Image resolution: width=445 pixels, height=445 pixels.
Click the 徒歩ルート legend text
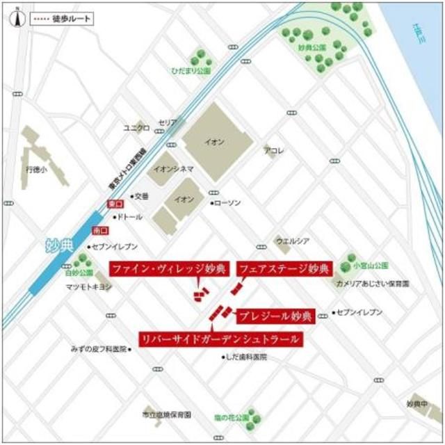point(70,19)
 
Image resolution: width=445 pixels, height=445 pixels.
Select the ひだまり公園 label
point(193,70)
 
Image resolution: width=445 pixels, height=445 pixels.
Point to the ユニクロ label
point(136,128)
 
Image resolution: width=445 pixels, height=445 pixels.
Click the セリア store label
point(168,122)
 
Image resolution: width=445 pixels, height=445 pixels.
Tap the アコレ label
point(274,150)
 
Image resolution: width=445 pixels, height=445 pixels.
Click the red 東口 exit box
point(113,204)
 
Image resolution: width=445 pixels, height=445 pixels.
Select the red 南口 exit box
point(99,230)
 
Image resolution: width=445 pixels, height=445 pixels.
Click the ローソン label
point(228,202)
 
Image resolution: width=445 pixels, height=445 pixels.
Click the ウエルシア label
point(291,242)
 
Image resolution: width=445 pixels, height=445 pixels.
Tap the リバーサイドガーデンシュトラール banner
point(220,339)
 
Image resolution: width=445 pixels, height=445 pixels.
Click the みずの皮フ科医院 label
point(99,348)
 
